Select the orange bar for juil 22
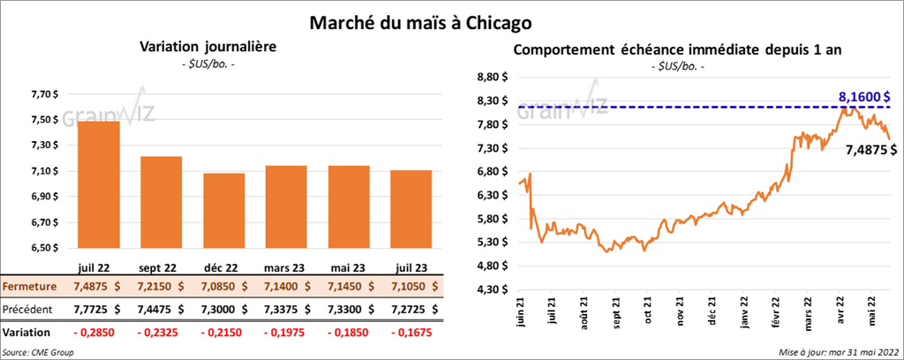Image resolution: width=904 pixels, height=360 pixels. click(x=99, y=185)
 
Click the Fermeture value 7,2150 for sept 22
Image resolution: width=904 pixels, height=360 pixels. click(x=161, y=287)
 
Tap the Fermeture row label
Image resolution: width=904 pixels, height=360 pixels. click(x=30, y=287)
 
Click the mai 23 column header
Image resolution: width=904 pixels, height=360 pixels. click(x=349, y=266)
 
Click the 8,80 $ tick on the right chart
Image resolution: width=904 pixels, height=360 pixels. click(x=491, y=78)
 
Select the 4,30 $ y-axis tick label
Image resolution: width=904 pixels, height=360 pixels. click(x=491, y=289)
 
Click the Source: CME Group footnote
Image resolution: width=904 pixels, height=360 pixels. click(x=38, y=352)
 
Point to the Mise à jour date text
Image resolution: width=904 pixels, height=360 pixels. click(x=839, y=352)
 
